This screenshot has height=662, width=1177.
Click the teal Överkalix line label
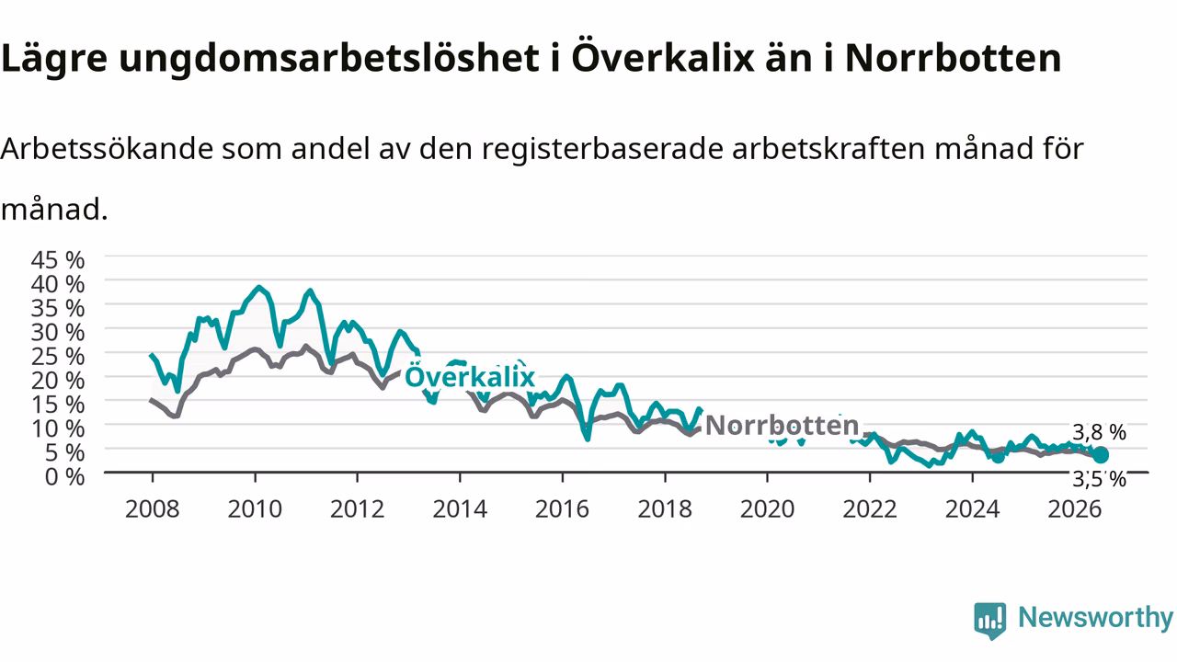point(470,377)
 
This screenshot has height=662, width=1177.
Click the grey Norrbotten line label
point(782,425)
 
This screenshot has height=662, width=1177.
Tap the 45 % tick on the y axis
point(58,259)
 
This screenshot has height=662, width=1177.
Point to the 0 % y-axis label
point(64,476)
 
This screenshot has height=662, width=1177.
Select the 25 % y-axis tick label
point(58,356)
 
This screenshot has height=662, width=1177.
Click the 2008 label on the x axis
point(153,509)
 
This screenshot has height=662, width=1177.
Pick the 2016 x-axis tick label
point(562,509)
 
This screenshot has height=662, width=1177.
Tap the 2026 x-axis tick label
point(1075,509)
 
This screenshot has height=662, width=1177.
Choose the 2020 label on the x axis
point(767,509)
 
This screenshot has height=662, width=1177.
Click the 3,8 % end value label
point(1099,432)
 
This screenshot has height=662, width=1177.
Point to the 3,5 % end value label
point(1099,479)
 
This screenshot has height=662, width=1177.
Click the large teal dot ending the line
point(1101,455)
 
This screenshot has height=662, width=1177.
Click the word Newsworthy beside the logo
point(1095,617)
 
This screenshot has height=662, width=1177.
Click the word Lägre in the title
point(54,58)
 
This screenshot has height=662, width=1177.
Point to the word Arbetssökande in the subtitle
point(107,149)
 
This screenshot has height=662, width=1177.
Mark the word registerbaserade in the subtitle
point(602,149)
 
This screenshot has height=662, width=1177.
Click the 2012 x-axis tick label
point(358,509)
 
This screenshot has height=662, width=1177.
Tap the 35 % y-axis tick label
point(58,308)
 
